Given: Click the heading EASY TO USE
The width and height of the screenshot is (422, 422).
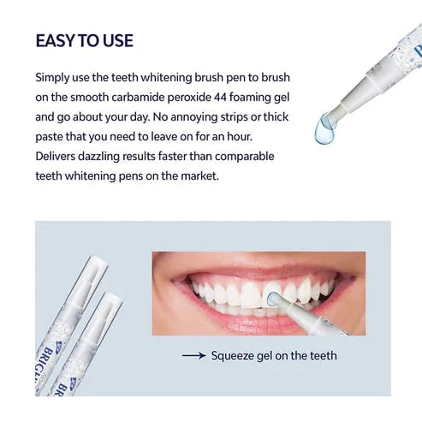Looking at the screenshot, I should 84,40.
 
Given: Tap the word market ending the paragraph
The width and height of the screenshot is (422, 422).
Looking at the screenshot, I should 176,176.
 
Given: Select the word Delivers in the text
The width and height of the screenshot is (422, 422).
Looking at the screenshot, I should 59,157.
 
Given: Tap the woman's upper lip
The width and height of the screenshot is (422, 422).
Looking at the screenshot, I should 248,268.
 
